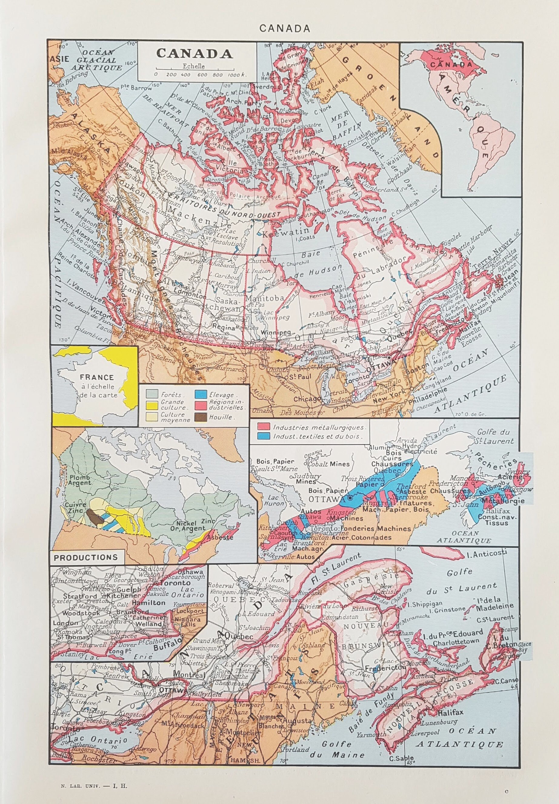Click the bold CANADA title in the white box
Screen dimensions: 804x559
(195, 53)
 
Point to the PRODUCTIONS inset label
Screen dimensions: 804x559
(86, 557)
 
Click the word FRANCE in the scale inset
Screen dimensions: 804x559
(97, 378)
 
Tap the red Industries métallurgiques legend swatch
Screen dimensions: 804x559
(264, 427)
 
